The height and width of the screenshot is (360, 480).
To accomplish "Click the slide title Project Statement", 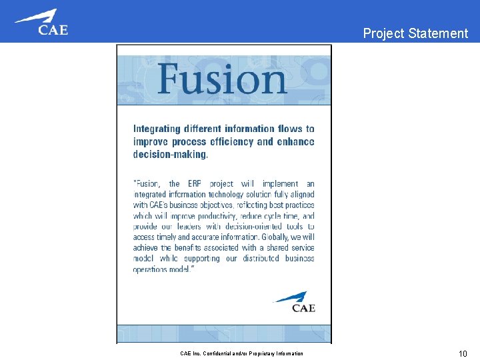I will (415, 33).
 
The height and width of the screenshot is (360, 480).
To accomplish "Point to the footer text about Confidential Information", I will (241, 353).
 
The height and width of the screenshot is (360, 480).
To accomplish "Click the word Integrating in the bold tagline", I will (159, 129).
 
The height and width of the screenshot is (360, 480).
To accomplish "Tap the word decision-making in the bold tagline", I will (171, 154).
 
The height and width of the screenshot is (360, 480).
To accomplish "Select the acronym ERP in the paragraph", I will (195, 184).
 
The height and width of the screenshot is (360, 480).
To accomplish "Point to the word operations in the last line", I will (151, 269).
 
